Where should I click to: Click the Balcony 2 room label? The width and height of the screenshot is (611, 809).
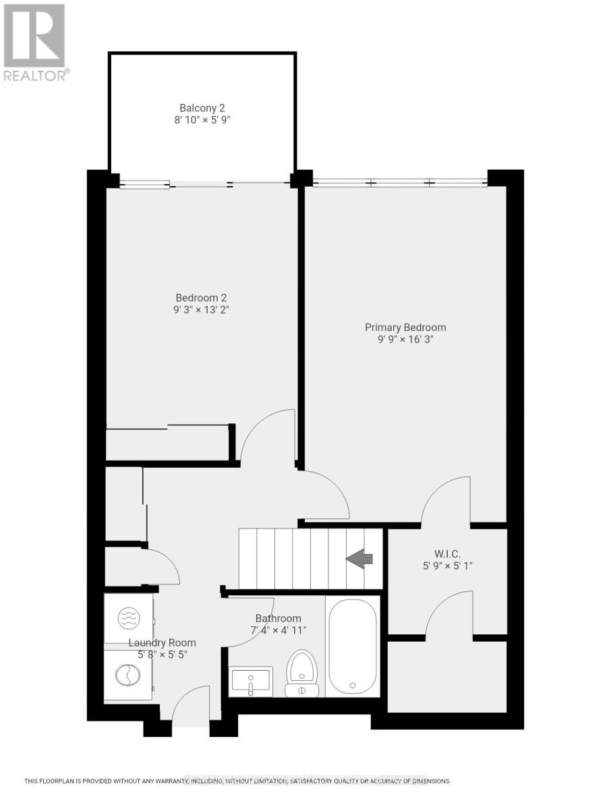[202, 108]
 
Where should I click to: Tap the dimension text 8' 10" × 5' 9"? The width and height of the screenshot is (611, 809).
[202, 120]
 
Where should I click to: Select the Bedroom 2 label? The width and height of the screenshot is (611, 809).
[202, 297]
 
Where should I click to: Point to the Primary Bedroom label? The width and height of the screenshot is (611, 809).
[405, 328]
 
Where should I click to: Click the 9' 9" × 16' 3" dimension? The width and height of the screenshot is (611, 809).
[405, 340]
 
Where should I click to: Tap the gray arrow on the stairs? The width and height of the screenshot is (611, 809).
[359, 558]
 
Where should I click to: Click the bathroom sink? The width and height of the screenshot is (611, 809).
[251, 681]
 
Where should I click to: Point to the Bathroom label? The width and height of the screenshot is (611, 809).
[278, 618]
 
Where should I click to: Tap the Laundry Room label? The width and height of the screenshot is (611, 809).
[163, 642]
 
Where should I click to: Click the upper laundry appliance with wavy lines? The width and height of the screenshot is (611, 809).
[128, 618]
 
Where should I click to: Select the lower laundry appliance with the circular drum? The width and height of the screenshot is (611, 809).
[128, 676]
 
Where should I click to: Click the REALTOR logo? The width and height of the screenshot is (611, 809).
[35, 42]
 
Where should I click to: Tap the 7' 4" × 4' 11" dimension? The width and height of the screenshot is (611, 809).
[278, 630]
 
